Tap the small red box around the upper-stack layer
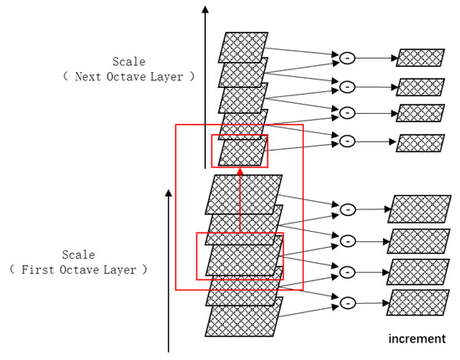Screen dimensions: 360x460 [x=240, y=151]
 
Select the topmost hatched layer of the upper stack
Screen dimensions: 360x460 [x=243, y=46]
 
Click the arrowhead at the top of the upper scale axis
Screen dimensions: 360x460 [x=203, y=10]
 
